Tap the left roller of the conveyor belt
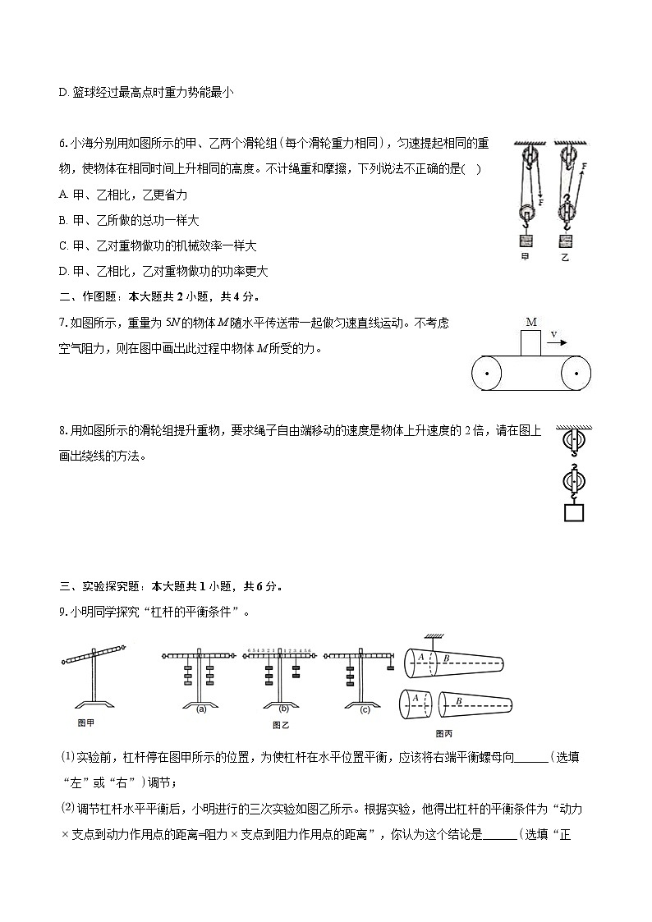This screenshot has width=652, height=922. (x=488, y=375)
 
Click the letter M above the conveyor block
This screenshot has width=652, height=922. (x=530, y=322)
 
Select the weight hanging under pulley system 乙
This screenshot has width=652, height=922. (x=565, y=241)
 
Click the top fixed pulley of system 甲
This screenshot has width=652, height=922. (x=526, y=157)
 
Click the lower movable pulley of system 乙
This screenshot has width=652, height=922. (x=566, y=211)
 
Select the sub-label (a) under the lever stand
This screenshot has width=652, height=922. (x=201, y=709)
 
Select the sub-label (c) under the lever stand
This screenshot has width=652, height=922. (x=365, y=709)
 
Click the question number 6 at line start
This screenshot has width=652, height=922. (x=62, y=144)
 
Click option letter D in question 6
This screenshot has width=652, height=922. (x=63, y=271)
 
